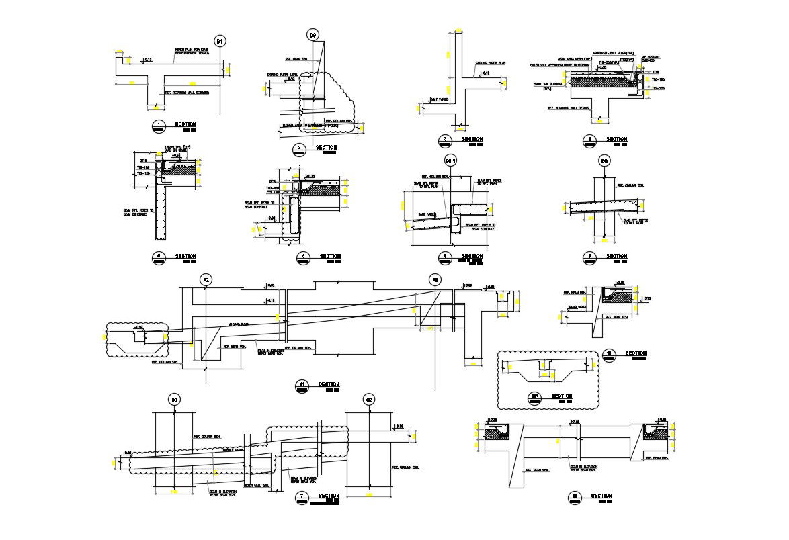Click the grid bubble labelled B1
220,42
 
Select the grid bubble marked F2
206,280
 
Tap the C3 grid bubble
174,400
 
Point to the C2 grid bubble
368,400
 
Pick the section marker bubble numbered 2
300,149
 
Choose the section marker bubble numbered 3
444,140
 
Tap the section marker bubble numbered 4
589,140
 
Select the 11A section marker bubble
536,397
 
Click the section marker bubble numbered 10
609,354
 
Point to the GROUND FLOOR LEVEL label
282,74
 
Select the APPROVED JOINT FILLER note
613,53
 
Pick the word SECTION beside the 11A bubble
562,396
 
